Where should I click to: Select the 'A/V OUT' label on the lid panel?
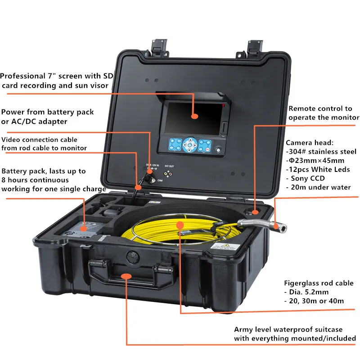pos(169,166)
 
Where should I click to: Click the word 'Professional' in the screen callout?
pos(23,76)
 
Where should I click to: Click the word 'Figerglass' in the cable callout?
pos(302,283)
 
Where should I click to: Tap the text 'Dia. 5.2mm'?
pos(308,292)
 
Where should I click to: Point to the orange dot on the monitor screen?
pos(194,116)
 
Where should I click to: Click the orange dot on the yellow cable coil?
pos(180,224)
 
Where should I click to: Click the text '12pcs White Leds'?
pos(320,169)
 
